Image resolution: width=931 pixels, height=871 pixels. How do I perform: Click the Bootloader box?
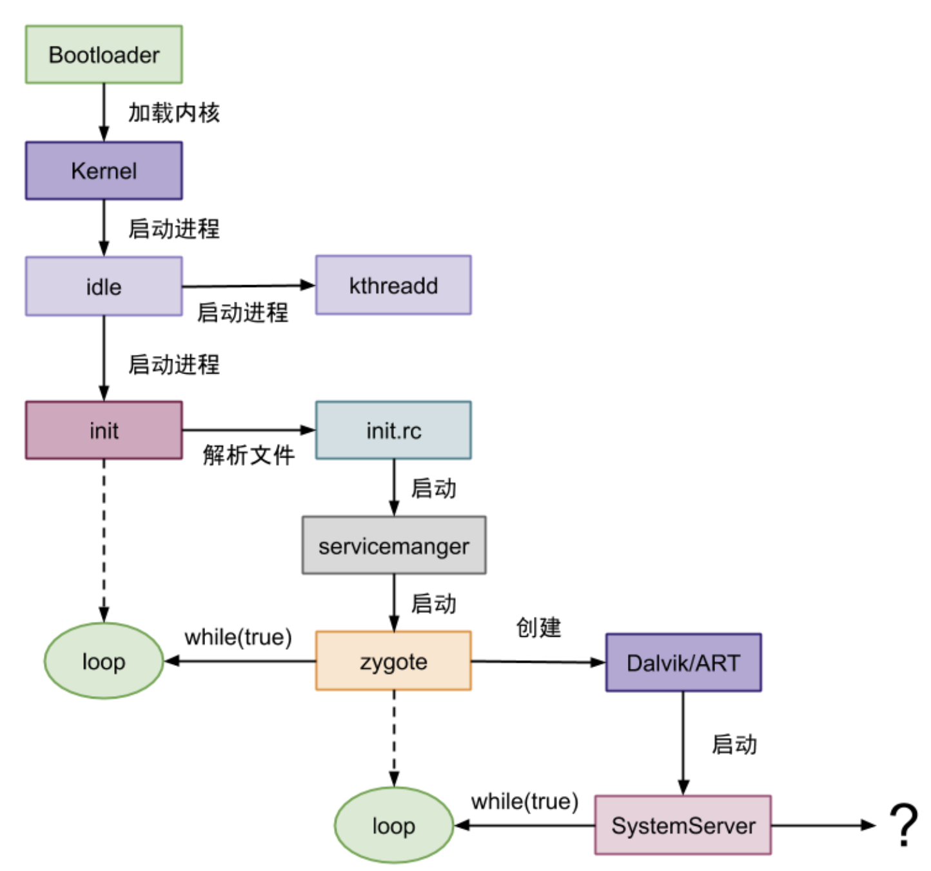(x=104, y=55)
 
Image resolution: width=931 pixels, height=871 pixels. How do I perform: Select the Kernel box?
(x=104, y=171)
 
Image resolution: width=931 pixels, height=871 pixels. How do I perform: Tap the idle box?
(x=104, y=286)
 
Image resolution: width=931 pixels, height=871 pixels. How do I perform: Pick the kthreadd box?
(x=393, y=285)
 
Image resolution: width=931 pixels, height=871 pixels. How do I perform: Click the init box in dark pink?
(x=104, y=430)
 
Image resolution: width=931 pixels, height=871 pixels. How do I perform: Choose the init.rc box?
(x=393, y=430)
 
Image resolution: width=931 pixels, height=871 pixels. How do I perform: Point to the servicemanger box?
(x=394, y=546)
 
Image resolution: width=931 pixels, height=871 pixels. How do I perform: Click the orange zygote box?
(x=393, y=661)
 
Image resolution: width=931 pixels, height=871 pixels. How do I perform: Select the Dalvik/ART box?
(x=683, y=663)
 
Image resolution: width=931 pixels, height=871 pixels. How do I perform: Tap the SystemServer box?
(x=683, y=825)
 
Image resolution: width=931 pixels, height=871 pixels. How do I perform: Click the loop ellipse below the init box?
(x=104, y=661)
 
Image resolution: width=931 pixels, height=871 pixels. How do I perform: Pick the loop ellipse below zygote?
(x=393, y=825)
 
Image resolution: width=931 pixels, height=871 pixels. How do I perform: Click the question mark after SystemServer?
(x=904, y=825)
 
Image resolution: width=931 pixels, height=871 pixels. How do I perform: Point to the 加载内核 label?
(x=174, y=113)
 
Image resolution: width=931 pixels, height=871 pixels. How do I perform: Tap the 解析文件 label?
(x=248, y=456)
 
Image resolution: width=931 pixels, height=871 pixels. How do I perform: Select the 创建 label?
(x=538, y=627)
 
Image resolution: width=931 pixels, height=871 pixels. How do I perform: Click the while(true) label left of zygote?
(x=238, y=637)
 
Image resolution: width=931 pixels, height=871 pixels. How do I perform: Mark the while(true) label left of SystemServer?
(x=524, y=802)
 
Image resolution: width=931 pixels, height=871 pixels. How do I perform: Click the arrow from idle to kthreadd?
(x=248, y=286)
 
